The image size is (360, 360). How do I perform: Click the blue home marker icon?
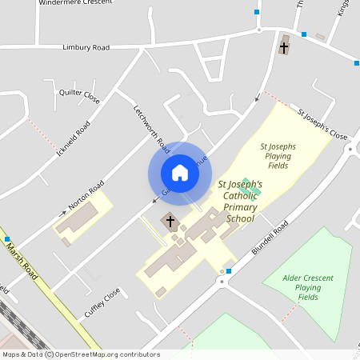[x=179, y=173]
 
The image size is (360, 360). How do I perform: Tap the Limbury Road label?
[x=86, y=48]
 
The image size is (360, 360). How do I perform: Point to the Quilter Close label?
[x=80, y=98]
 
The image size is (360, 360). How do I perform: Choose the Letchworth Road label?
[x=152, y=130]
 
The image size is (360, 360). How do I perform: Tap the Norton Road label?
[x=86, y=195]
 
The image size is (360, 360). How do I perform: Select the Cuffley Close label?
[x=102, y=298]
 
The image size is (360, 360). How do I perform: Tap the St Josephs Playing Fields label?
[x=278, y=156]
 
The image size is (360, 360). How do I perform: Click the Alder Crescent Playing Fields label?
[x=308, y=287]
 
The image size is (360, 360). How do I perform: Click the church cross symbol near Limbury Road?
[x=283, y=47]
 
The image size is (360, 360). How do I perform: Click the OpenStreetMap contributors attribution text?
[x=107, y=354]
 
